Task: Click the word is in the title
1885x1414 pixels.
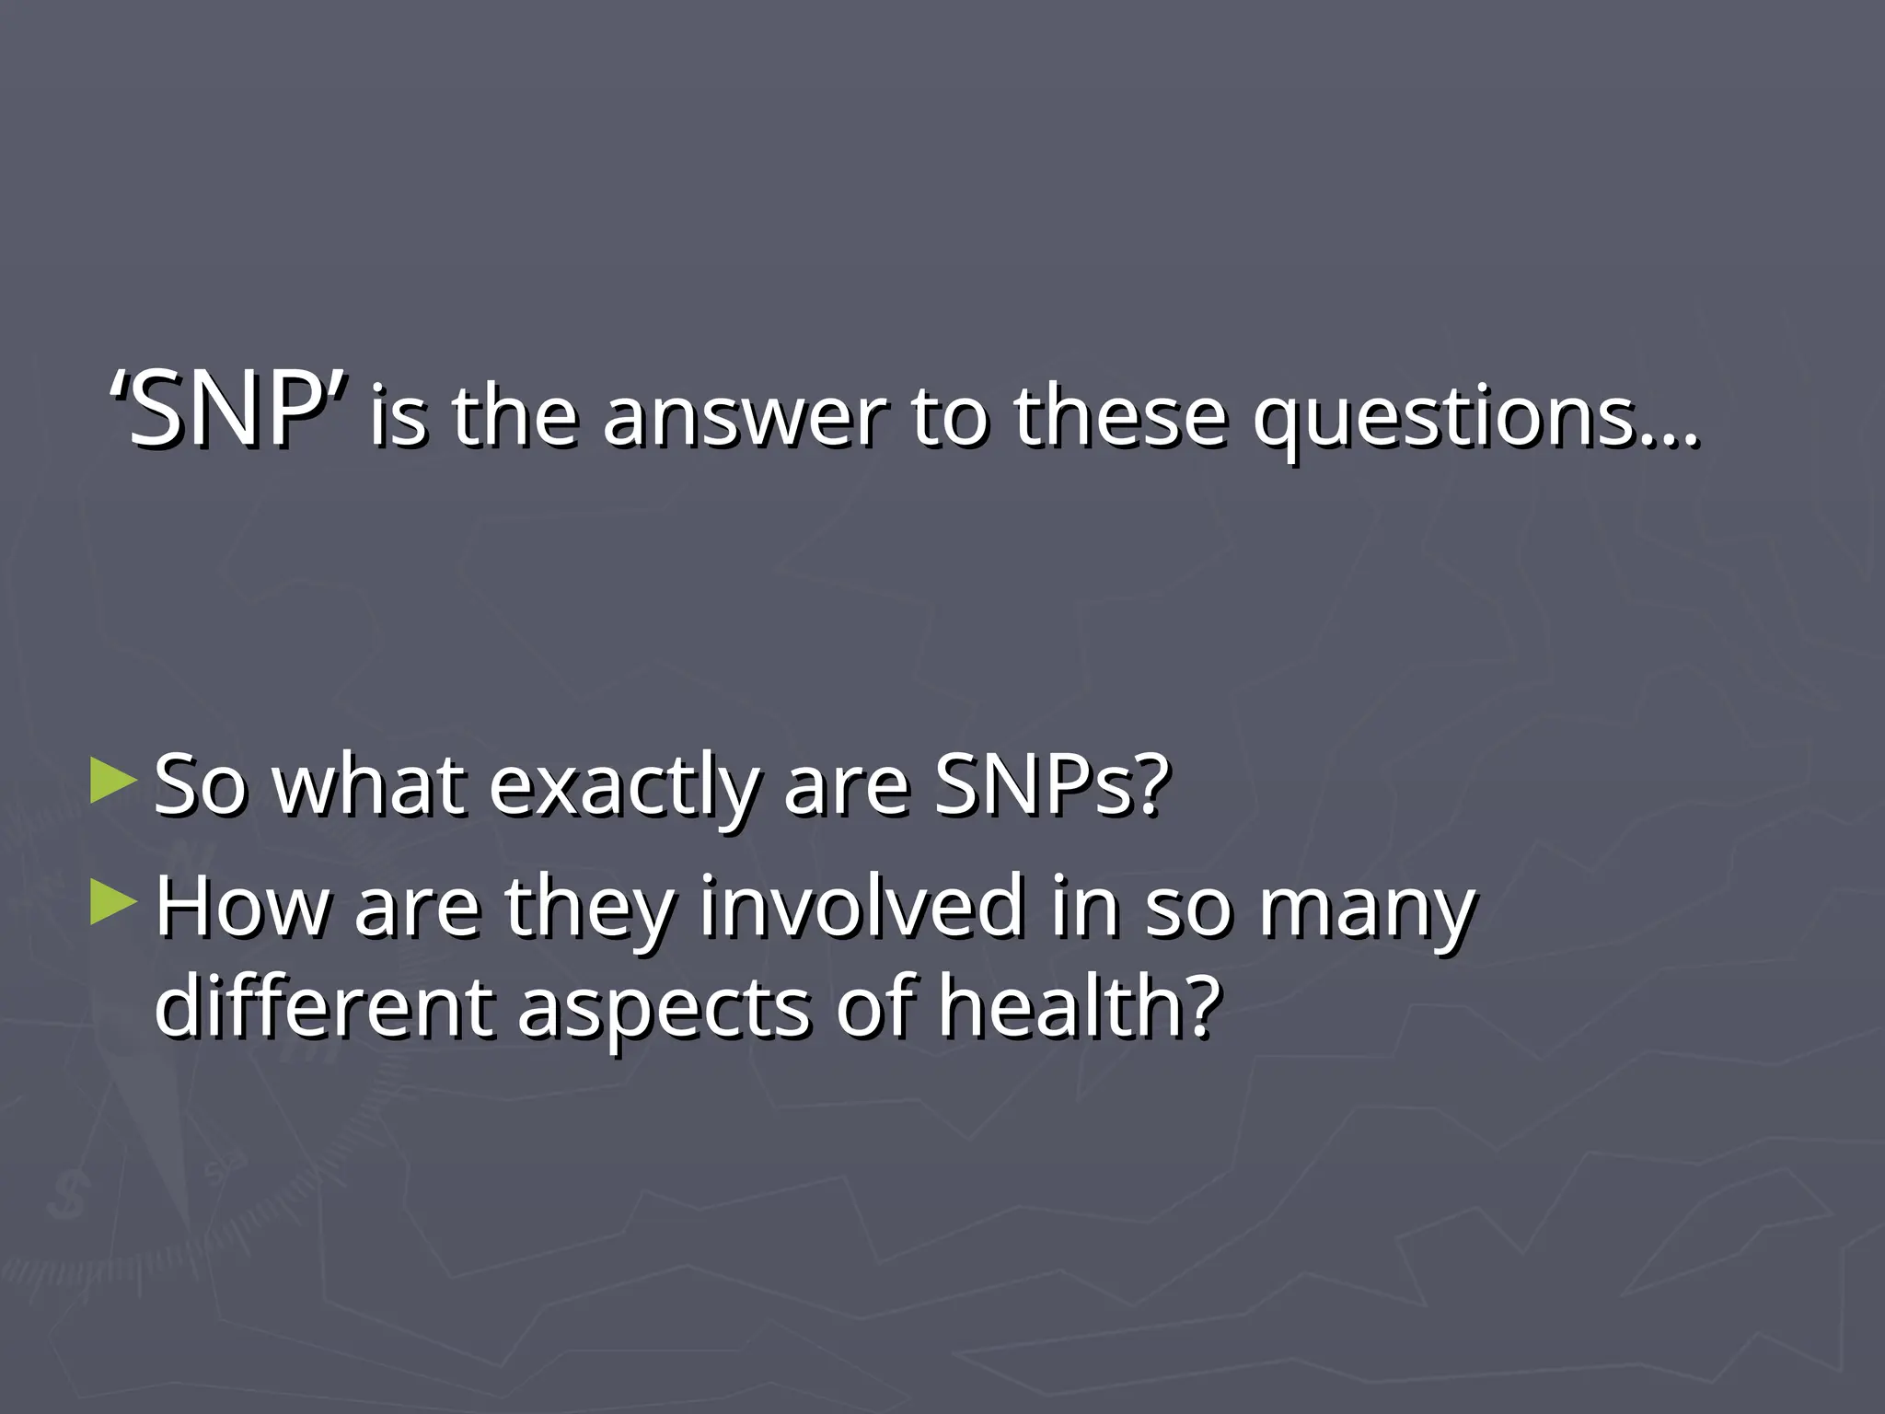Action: coord(399,419)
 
